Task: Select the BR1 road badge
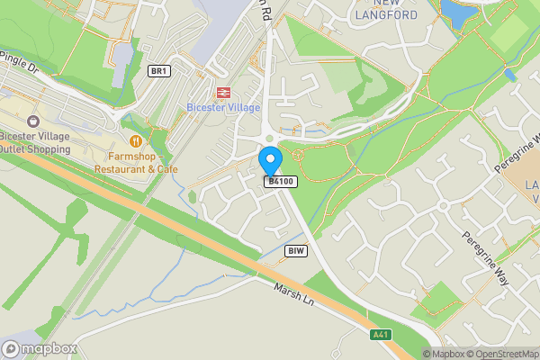[x=159, y=71]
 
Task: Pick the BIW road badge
[x=295, y=250]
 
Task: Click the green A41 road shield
[x=382, y=335]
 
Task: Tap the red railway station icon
[x=222, y=92]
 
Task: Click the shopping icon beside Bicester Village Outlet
[x=33, y=120]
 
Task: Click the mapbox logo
[x=40, y=348]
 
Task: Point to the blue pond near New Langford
[x=458, y=11]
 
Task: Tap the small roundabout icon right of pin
[x=299, y=156]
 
